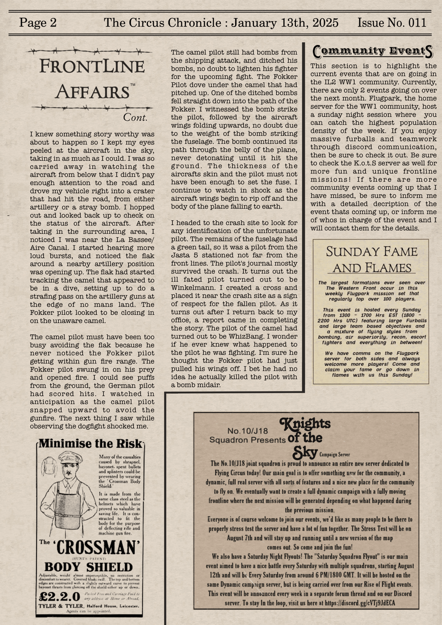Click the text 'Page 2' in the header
pyautogui.click(x=38, y=23)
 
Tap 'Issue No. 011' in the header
pyautogui.click(x=392, y=23)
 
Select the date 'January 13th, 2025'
pyautogui.click(x=285, y=23)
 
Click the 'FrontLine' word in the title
pyautogui.click(x=92, y=67)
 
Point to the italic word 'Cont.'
pyautogui.click(x=135, y=117)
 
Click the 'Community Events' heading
pyautogui.click(x=373, y=52)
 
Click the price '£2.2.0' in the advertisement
pyautogui.click(x=59, y=596)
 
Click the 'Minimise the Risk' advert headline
pyautogui.click(x=90, y=444)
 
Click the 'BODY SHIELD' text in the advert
pyautogui.click(x=88, y=567)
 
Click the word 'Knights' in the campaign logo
pyautogui.click(x=306, y=423)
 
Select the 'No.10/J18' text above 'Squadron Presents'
pyautogui.click(x=248, y=431)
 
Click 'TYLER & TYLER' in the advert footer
pyautogui.click(x=62, y=606)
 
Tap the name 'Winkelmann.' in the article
pyautogui.click(x=190, y=288)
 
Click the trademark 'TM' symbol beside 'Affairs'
pyautogui.click(x=133, y=86)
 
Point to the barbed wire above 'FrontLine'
pyautogui.click(x=89, y=50)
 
